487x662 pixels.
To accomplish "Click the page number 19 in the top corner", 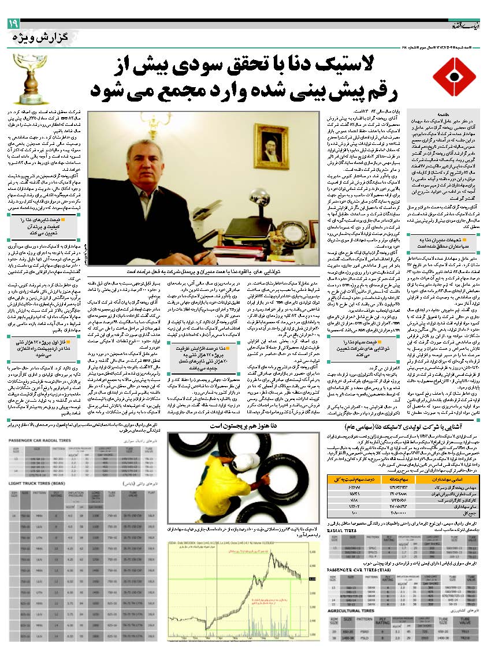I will click(x=13, y=24).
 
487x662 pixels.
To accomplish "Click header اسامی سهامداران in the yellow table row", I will click(x=456, y=479).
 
